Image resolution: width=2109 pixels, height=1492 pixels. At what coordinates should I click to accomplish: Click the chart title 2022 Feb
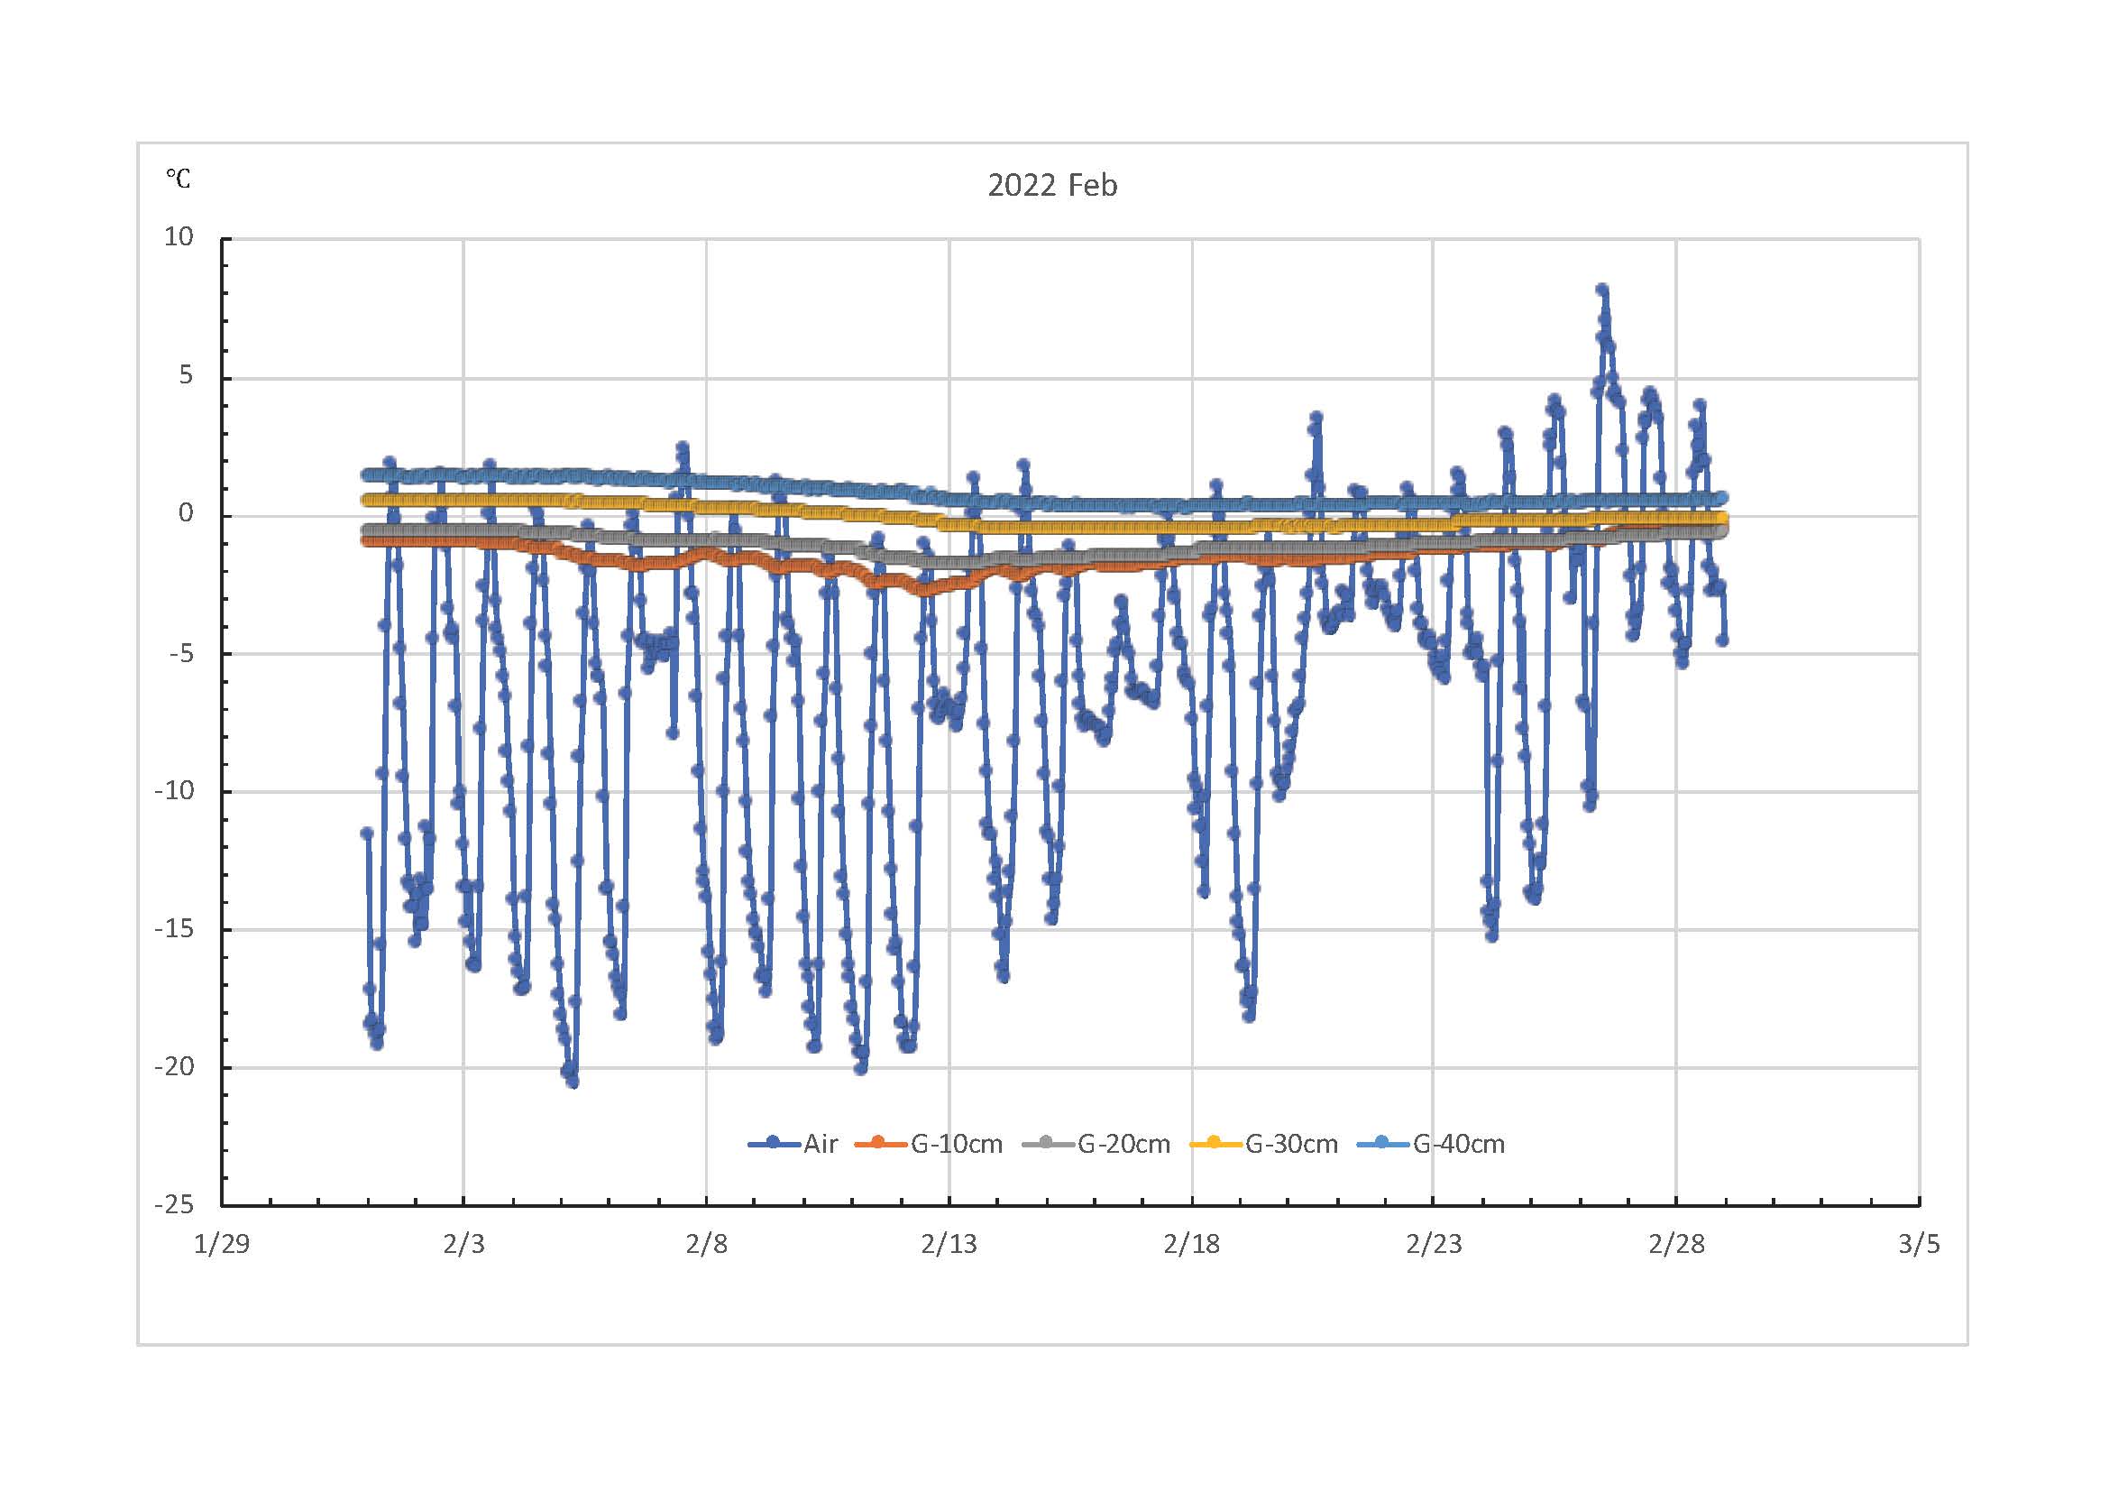click(x=1051, y=186)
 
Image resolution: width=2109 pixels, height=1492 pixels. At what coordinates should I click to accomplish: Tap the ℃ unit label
click(x=179, y=178)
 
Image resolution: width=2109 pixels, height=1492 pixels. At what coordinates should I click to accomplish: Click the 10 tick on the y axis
click(x=179, y=237)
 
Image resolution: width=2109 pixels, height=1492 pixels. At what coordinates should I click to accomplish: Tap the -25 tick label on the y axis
click(x=175, y=1203)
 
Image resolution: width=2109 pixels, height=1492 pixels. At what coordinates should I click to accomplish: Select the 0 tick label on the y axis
click(x=187, y=513)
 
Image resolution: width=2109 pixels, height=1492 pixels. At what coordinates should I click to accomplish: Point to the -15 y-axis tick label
click(x=175, y=928)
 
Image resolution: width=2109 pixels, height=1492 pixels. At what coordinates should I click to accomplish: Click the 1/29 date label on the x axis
click(x=222, y=1244)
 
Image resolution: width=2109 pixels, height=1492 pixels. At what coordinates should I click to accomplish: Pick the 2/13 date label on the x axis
click(x=949, y=1244)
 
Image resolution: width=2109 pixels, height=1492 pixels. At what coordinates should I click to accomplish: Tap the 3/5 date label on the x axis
click(x=1919, y=1244)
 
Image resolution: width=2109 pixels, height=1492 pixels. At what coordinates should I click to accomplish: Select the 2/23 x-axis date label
click(x=1434, y=1244)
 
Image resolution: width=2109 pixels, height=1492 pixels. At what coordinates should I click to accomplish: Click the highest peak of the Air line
click(x=1602, y=290)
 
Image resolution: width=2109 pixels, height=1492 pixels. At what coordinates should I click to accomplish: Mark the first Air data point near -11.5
click(x=366, y=833)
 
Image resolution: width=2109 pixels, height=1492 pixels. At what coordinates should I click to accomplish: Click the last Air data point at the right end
click(x=1722, y=640)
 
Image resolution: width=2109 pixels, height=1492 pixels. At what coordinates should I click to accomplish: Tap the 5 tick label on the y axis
click(x=187, y=376)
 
